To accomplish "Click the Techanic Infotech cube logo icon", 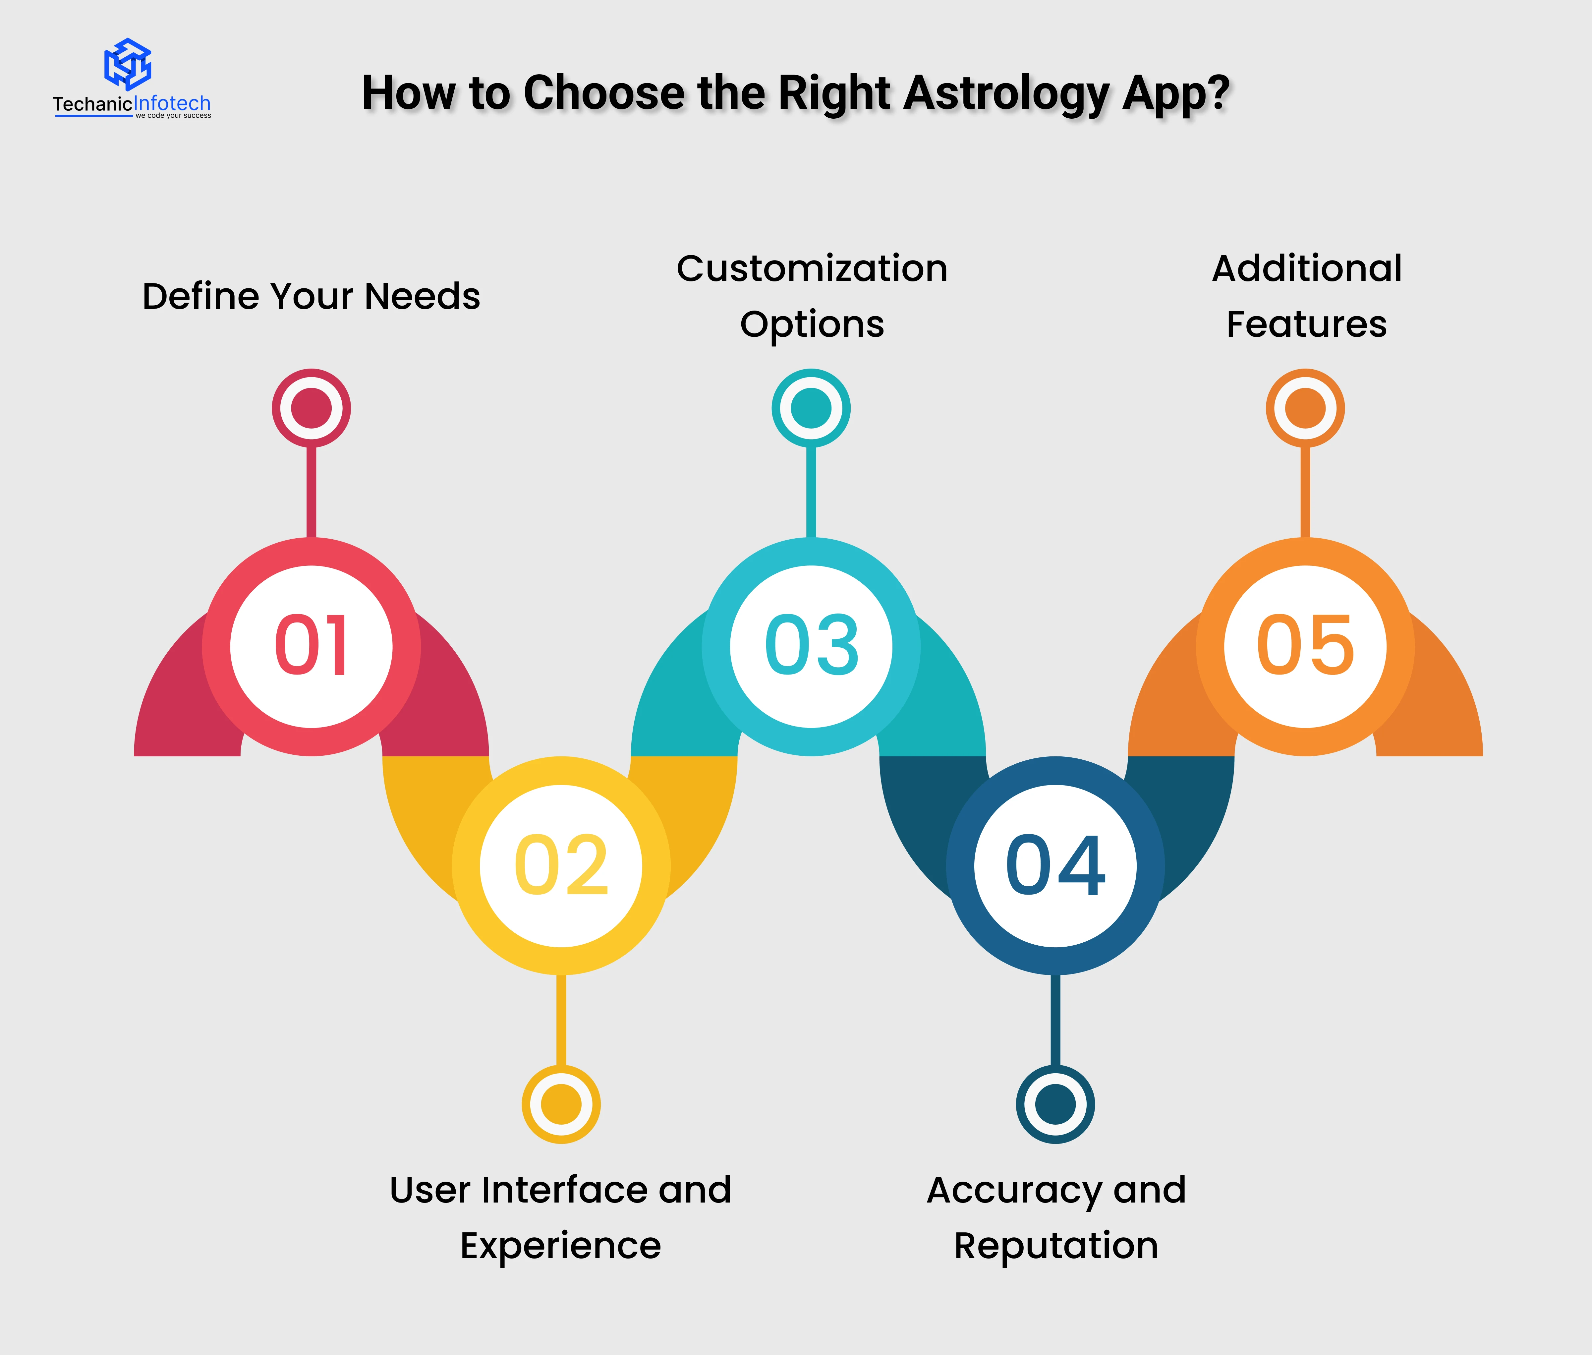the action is pyautogui.click(x=128, y=64).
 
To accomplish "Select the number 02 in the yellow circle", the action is pyautogui.click(x=561, y=866).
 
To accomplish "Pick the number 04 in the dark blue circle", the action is pyautogui.click(x=1055, y=866).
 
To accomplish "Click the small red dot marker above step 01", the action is pyautogui.click(x=311, y=408).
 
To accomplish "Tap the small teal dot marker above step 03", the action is pyautogui.click(x=811, y=408).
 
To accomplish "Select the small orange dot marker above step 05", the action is pyautogui.click(x=1306, y=408).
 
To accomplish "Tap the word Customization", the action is pyautogui.click(x=812, y=269).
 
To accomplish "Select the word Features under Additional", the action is pyautogui.click(x=1306, y=324).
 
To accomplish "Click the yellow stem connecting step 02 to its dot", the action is pyautogui.click(x=561, y=1020).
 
